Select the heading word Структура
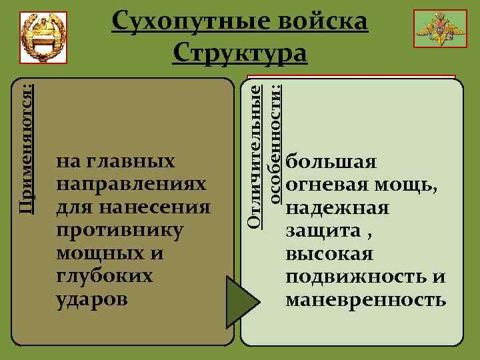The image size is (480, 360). [x=240, y=53]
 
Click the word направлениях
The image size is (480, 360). [x=131, y=185]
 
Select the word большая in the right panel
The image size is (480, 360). [x=331, y=162]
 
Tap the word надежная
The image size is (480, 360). [x=337, y=209]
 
